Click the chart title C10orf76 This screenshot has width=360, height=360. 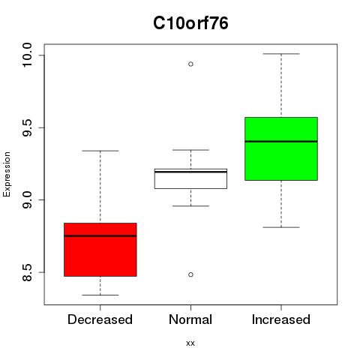(x=190, y=23)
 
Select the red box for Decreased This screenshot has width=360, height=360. (x=100, y=250)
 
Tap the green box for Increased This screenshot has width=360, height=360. (x=281, y=148)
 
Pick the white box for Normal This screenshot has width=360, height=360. (x=190, y=178)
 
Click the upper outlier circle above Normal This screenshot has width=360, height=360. (x=190, y=64)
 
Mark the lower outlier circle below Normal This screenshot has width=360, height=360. (x=190, y=274)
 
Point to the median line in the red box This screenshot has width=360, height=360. (x=100, y=235)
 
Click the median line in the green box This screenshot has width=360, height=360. (x=281, y=142)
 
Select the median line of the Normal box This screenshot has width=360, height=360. (x=190, y=172)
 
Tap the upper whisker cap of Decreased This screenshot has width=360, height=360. (x=100, y=151)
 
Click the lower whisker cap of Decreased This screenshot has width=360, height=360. (x=100, y=295)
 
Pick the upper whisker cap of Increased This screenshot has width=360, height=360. (x=281, y=54)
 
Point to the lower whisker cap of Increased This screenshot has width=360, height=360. (x=281, y=227)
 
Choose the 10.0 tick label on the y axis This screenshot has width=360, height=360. (x=27, y=55)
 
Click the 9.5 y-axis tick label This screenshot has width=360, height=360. (x=27, y=127)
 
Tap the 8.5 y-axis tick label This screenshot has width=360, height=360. (x=27, y=272)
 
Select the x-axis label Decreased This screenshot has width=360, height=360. (x=100, y=319)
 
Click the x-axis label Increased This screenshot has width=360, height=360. (x=281, y=319)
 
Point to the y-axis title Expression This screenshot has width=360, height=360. (x=7, y=174)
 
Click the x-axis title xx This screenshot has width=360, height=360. (x=190, y=343)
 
